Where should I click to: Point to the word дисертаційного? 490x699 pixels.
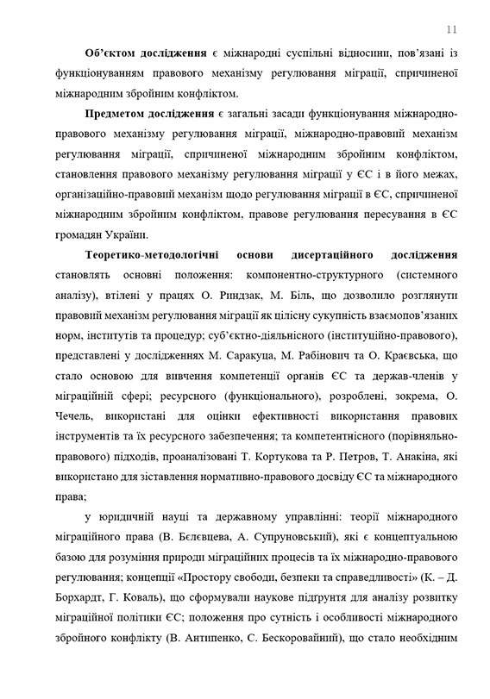click(x=355, y=255)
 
